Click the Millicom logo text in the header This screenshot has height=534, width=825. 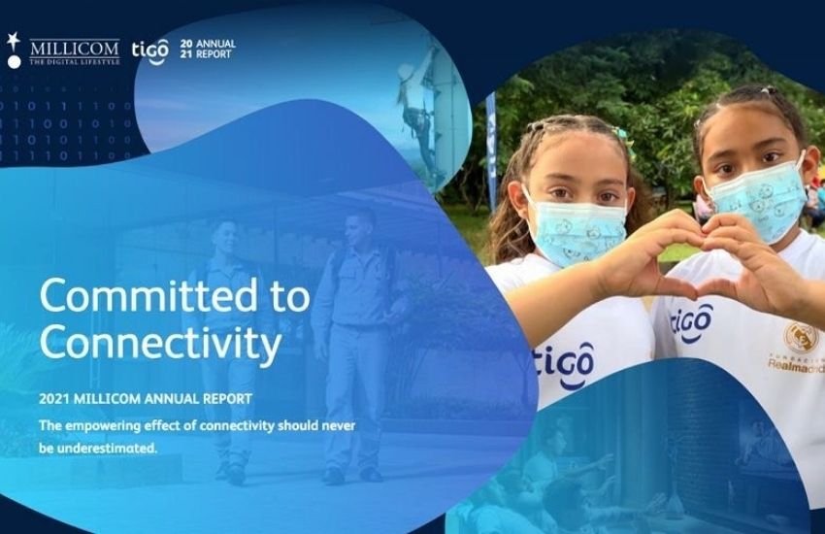coord(75,51)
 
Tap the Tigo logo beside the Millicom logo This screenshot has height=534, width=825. coord(149,51)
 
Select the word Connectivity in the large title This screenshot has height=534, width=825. coord(160,343)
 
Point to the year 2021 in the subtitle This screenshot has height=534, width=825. coord(54,399)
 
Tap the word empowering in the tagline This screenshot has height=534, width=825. coord(99,426)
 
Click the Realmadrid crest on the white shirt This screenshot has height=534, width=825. coord(799,337)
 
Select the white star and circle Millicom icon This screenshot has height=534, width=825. coord(14,50)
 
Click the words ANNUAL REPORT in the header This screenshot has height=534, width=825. coord(215,49)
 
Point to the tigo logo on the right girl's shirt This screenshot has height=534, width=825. coord(691,321)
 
